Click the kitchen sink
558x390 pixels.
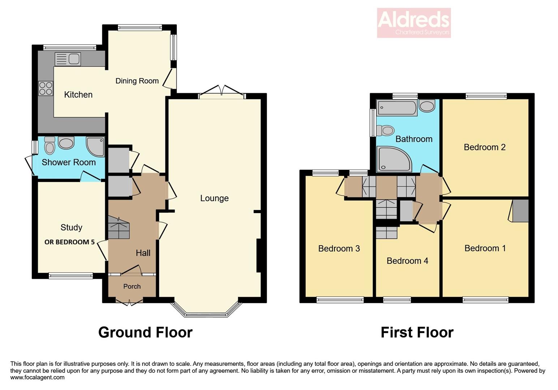[x=68, y=58]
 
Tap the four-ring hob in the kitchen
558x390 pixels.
[x=46, y=88]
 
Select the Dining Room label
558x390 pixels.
[x=137, y=81]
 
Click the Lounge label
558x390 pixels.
[x=214, y=198]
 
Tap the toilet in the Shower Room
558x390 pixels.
[x=50, y=145]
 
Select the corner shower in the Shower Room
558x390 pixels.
[x=95, y=146]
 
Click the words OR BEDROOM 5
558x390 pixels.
[x=69, y=242]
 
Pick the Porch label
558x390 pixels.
[x=132, y=286]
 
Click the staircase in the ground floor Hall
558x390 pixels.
[x=119, y=228]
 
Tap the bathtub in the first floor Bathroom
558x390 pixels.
[x=397, y=108]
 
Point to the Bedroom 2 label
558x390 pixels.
[x=484, y=147]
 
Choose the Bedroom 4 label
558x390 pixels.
[x=407, y=261]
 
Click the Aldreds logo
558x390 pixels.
[x=414, y=22]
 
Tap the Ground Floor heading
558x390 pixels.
[x=145, y=332]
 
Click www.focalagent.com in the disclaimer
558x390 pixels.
[x=37, y=377]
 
